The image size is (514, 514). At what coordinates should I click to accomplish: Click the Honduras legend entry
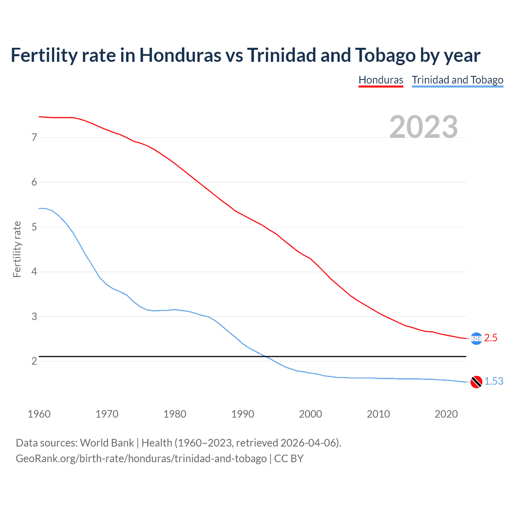tap(381, 80)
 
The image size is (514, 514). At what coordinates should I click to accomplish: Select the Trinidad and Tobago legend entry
tap(457, 80)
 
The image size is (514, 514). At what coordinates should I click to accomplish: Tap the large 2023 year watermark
tap(424, 127)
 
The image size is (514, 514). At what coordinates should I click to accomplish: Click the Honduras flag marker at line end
tap(476, 339)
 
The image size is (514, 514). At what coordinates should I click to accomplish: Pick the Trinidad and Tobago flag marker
tap(476, 382)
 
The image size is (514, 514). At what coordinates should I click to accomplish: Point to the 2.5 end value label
tap(491, 338)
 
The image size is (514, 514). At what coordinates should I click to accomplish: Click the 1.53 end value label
tap(494, 381)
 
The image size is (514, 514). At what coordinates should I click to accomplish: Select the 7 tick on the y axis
tap(34, 138)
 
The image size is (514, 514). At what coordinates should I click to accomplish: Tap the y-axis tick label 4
tap(34, 272)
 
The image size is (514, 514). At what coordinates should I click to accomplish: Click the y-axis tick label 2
tap(34, 361)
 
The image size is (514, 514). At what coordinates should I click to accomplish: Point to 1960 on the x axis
tap(39, 414)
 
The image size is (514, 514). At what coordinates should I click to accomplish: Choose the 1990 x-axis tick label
tap(243, 414)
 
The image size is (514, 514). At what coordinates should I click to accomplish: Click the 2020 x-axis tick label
tap(446, 414)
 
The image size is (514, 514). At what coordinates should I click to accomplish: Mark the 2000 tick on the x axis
tap(310, 414)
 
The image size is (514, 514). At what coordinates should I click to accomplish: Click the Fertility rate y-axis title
tap(17, 249)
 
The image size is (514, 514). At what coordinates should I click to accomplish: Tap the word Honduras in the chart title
tap(180, 55)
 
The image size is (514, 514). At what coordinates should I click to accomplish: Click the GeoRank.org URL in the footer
tap(141, 459)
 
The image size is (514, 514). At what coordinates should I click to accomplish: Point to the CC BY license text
tap(289, 459)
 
